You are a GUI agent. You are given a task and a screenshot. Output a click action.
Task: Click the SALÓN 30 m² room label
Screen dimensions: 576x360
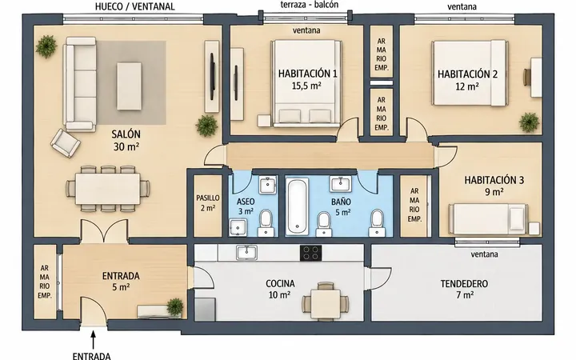(126, 140)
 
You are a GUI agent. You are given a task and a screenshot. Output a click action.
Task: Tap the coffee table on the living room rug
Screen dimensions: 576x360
(129, 86)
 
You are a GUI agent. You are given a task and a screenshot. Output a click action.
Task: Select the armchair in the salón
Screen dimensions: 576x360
(66, 143)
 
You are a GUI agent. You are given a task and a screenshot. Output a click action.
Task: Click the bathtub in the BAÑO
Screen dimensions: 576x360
(297, 206)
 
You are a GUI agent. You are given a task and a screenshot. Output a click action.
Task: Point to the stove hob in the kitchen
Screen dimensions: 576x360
(310, 253)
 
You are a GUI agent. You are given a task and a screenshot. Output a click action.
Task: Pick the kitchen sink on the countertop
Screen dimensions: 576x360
(247, 252)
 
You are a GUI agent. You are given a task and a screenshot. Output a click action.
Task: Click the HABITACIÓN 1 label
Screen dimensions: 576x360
(307, 74)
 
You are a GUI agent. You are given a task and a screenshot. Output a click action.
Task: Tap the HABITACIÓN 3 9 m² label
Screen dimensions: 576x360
(494, 186)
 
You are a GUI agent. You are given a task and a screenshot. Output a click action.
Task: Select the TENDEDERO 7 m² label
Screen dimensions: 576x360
(464, 289)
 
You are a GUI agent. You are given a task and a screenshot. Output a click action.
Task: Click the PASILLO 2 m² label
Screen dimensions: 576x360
(207, 202)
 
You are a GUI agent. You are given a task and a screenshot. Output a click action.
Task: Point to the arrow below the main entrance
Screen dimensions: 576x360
(94, 340)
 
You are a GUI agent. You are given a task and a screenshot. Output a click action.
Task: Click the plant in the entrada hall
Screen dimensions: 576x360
(175, 306)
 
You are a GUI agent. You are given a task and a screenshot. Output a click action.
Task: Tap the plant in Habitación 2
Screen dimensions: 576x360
(530, 122)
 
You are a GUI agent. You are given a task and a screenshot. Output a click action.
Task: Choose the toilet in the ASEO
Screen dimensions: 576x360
(266, 223)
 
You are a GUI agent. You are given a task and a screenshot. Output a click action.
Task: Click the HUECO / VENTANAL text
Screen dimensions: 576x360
(134, 7)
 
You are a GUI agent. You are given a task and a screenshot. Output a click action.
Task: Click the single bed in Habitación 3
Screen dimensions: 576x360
(488, 219)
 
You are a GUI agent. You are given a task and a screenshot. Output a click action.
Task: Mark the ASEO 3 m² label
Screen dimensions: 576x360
(246, 206)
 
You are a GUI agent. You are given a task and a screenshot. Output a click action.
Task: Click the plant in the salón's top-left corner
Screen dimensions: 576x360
(46, 46)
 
